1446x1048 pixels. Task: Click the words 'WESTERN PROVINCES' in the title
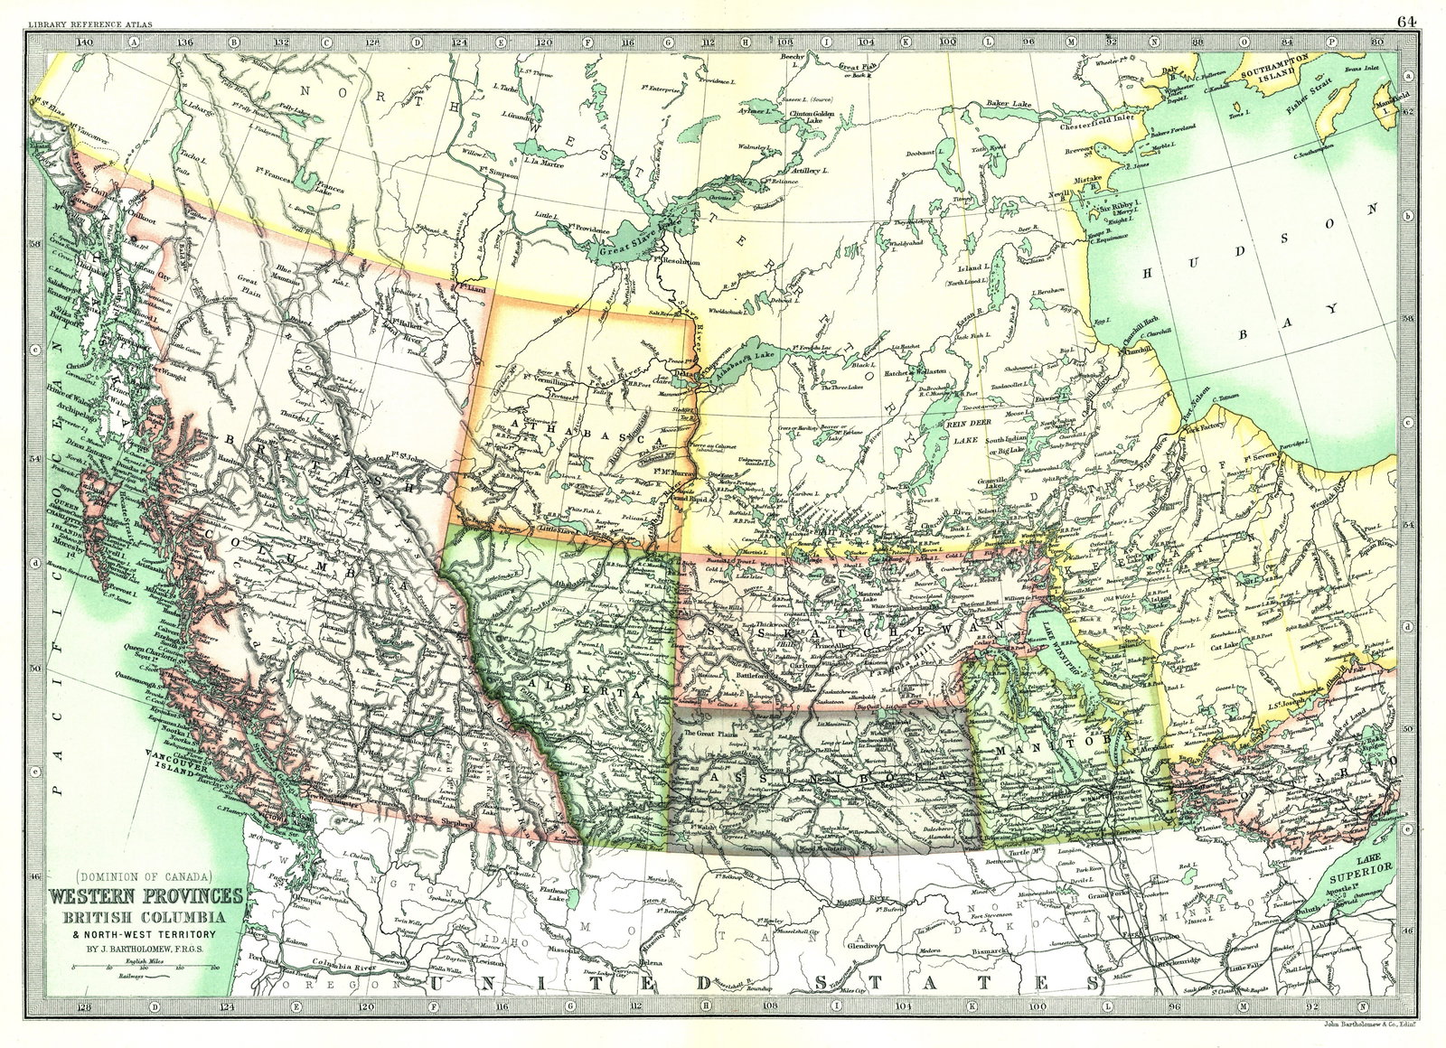(145, 896)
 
